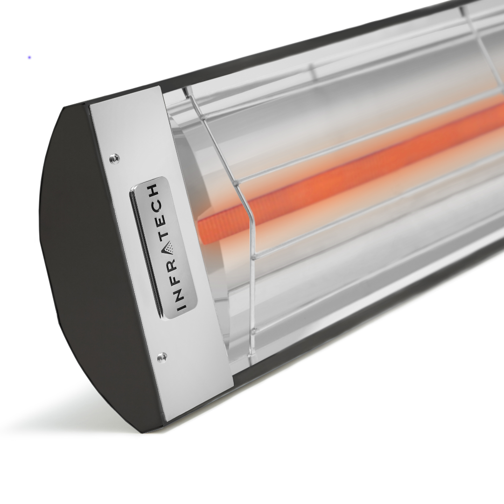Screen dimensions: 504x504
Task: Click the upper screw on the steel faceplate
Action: coord(114,158)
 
